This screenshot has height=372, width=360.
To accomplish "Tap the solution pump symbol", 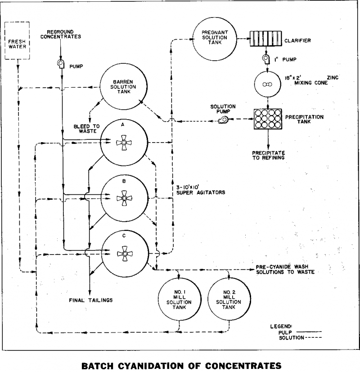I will click(224, 120).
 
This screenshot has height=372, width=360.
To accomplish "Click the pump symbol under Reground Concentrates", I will click(61, 63).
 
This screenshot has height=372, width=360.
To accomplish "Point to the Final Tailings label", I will click(90, 300).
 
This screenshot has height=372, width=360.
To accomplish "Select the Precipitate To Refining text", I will click(269, 154).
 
